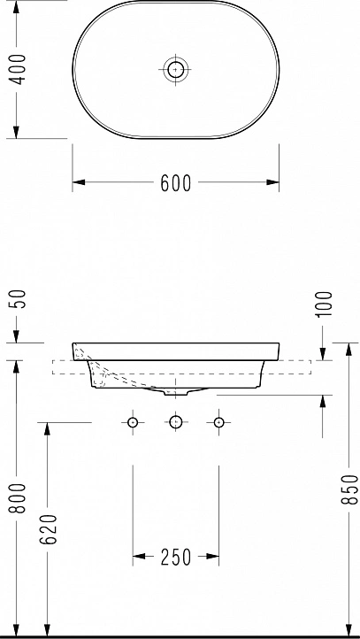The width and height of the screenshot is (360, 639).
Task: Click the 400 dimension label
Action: click(x=18, y=69)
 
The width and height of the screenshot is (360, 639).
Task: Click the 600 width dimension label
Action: click(x=175, y=183)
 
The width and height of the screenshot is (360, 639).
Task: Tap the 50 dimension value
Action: click(x=19, y=299)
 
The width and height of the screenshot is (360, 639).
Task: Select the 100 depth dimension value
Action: click(x=325, y=304)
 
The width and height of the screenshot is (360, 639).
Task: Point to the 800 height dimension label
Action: click(x=19, y=498)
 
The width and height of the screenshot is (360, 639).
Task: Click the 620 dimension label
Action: click(x=49, y=529)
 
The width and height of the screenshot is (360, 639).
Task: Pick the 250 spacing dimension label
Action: click(x=175, y=557)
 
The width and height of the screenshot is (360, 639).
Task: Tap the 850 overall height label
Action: click(x=350, y=489)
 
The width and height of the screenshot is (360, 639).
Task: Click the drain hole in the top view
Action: click(x=175, y=70)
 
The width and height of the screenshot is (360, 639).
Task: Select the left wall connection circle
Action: click(x=133, y=422)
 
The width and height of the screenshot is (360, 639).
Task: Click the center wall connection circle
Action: click(x=175, y=422)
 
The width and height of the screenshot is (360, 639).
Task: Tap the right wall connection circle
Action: click(x=219, y=422)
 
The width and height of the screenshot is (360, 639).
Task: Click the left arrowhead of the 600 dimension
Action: click(x=79, y=182)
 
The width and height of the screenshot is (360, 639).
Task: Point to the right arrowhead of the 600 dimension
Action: click(x=272, y=182)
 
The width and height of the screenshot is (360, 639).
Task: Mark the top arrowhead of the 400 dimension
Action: click(x=16, y=7)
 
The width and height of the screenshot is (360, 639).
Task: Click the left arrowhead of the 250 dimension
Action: click(x=139, y=556)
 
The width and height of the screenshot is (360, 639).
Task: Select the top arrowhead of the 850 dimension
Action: click(x=349, y=350)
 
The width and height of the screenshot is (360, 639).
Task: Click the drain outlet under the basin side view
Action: click(x=175, y=392)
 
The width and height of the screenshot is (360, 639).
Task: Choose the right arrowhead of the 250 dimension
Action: click(x=212, y=556)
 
